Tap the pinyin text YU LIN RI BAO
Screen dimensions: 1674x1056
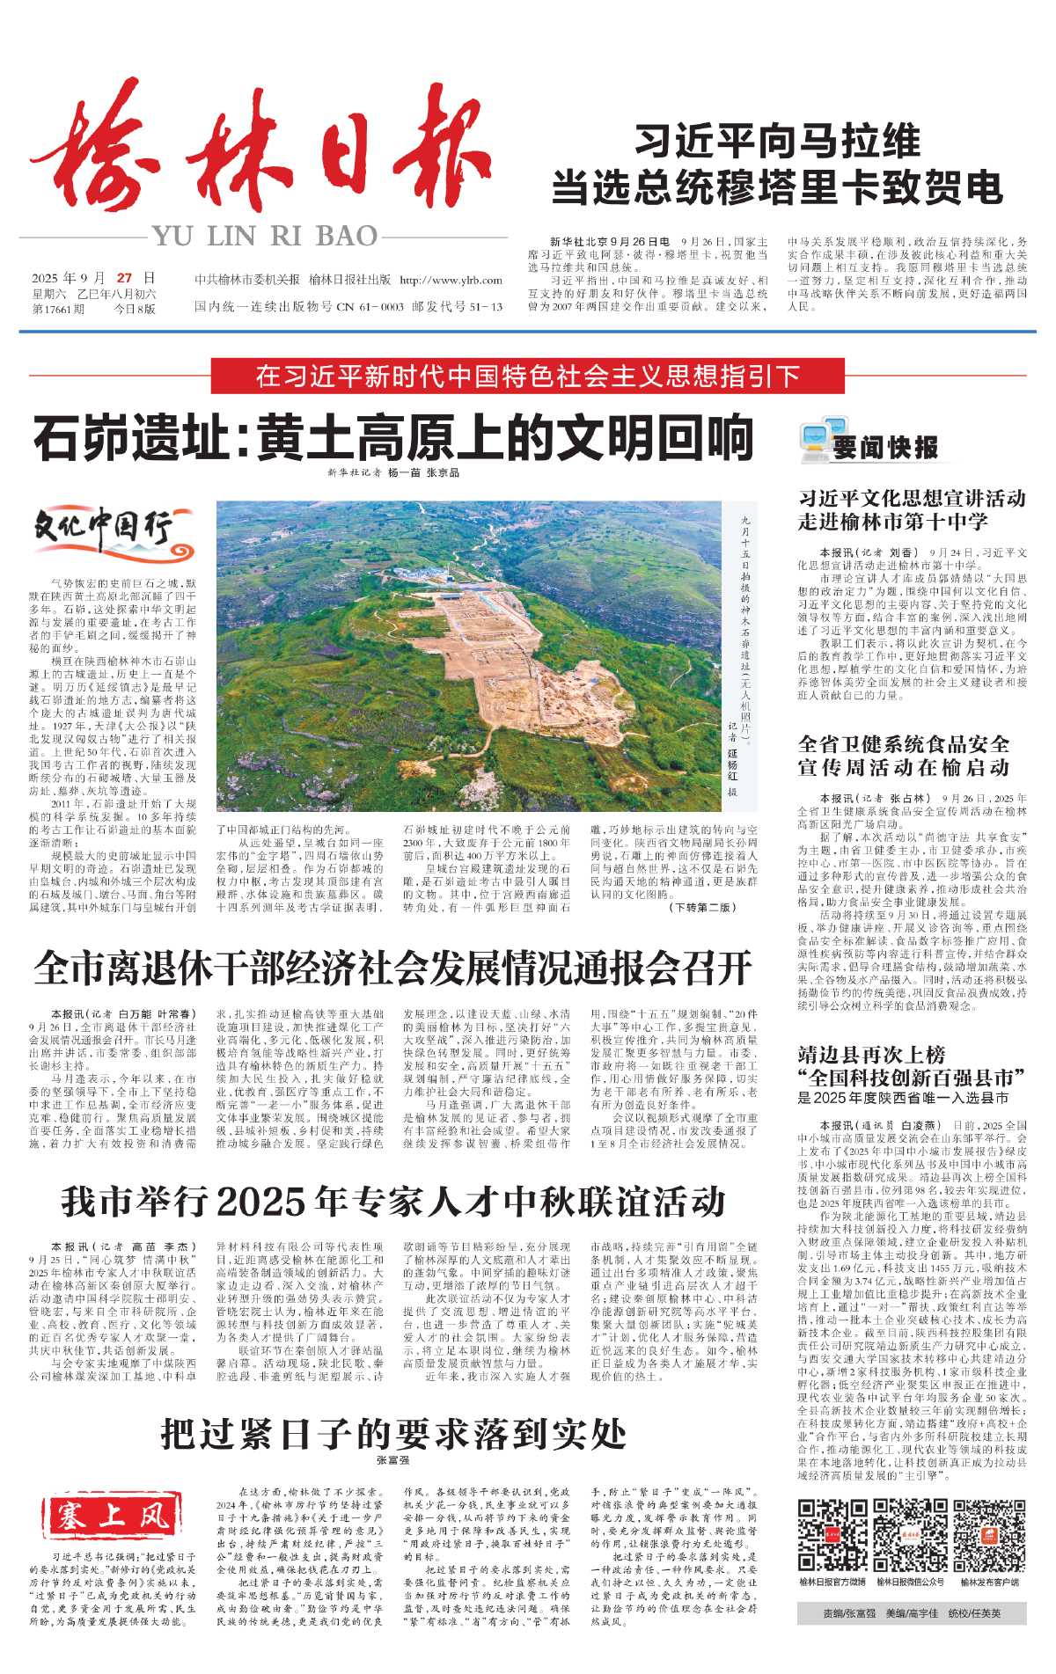(x=265, y=236)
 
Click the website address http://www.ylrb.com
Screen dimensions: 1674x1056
(x=451, y=281)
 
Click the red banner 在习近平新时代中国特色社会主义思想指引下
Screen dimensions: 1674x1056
(x=527, y=376)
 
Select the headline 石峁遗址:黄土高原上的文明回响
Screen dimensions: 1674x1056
(x=393, y=437)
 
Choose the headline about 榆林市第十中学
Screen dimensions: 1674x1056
(x=912, y=509)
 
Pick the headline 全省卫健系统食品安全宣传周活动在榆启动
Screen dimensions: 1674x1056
(x=904, y=756)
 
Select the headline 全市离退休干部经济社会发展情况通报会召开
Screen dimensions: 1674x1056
(x=392, y=968)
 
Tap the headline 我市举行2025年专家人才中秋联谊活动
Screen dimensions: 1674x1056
(x=392, y=1200)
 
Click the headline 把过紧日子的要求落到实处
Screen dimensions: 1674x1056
(x=392, y=1433)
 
